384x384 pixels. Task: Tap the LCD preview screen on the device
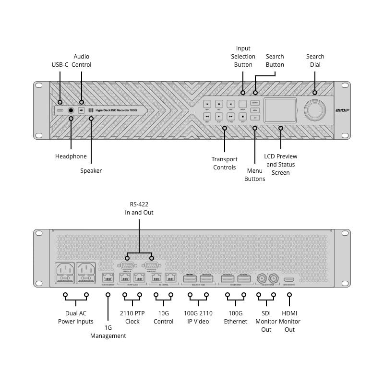[281, 110]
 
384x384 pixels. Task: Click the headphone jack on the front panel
[71, 110]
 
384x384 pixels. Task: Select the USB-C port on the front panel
[60, 110]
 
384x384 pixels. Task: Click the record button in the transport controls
[219, 104]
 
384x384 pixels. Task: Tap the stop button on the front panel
[243, 116]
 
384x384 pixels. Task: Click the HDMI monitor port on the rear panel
[289, 279]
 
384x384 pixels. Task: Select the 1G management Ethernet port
[108, 278]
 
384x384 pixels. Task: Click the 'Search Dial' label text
[315, 60]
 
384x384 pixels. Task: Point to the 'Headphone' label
[71, 156]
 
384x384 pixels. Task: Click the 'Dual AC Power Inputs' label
[76, 317]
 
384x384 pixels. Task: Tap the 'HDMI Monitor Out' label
[289, 321]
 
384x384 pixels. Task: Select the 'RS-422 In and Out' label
[139, 208]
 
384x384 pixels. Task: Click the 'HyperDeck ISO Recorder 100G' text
[116, 110]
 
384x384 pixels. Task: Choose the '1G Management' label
[108, 332]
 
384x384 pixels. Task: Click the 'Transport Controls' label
[225, 163]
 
